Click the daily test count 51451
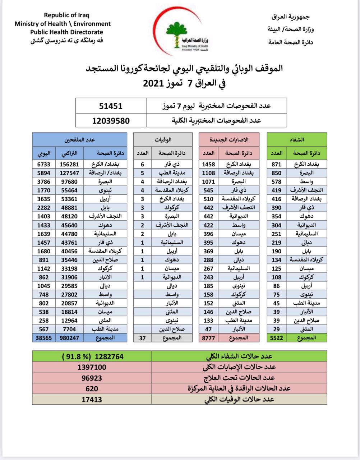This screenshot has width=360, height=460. [111, 106]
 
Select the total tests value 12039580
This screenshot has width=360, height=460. [111, 121]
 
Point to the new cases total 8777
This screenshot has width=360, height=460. [208, 338]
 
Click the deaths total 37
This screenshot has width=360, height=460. [143, 338]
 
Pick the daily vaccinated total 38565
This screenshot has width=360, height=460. [43, 338]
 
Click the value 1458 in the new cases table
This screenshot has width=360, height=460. [208, 164]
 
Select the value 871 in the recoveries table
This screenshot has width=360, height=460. [276, 164]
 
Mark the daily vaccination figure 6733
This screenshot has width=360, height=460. [43, 164]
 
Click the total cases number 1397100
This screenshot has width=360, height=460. [92, 367]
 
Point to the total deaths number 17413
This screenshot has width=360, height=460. [92, 399]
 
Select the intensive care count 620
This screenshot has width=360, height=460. [92, 388]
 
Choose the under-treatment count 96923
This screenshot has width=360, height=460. [92, 378]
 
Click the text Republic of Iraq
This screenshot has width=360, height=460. [66, 15]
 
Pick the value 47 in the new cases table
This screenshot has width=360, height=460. [208, 329]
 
